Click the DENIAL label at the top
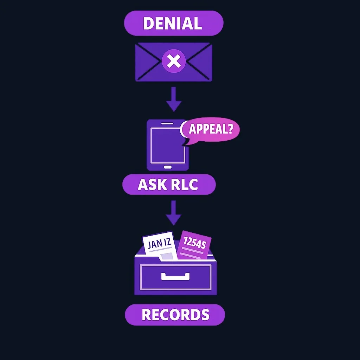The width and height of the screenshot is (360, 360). [x=174, y=23]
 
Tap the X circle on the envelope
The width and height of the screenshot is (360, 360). [x=174, y=61]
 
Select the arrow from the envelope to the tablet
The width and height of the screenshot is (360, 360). [x=174, y=99]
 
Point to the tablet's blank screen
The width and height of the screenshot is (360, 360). [x=167, y=145]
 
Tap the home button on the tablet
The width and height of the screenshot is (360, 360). [x=168, y=167]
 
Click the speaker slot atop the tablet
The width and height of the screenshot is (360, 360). [x=167, y=123]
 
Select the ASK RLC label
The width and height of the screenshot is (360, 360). [x=169, y=184]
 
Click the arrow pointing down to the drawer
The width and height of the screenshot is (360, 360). [x=174, y=213]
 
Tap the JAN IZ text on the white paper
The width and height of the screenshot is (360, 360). [x=159, y=243]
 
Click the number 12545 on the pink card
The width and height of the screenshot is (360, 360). [x=195, y=243]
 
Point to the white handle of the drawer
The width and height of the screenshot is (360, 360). [x=175, y=276]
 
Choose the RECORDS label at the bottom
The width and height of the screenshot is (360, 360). [x=175, y=315]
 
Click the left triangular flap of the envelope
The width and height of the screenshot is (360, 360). [x=147, y=61]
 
